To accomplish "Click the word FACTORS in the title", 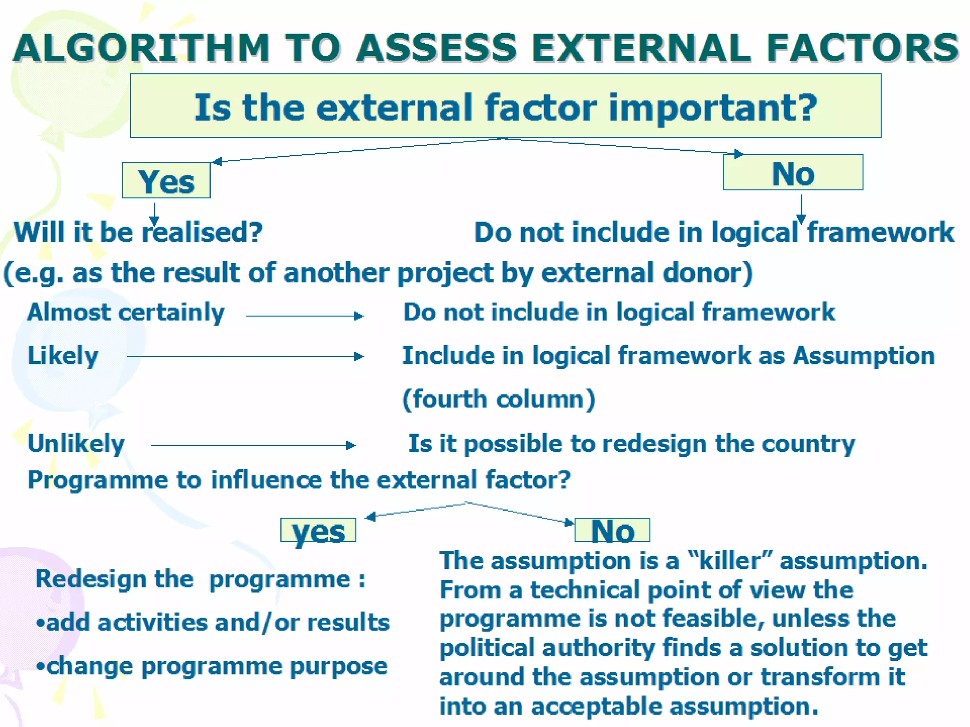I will click(x=862, y=48).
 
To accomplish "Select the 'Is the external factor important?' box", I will click(x=505, y=106).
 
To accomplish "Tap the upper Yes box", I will click(x=166, y=181).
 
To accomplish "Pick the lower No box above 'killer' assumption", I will click(x=612, y=531).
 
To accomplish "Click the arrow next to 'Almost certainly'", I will click(x=305, y=316).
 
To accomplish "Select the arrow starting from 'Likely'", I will click(x=245, y=356).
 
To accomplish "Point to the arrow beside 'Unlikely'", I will click(x=253, y=445).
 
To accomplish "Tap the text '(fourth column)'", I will click(x=498, y=399).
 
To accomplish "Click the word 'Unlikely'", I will click(x=76, y=444).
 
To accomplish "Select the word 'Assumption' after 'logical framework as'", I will click(x=864, y=355).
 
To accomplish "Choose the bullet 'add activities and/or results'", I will click(x=213, y=622).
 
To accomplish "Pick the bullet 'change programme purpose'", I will click(x=212, y=666).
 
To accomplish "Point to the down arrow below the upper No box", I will click(x=801, y=207).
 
